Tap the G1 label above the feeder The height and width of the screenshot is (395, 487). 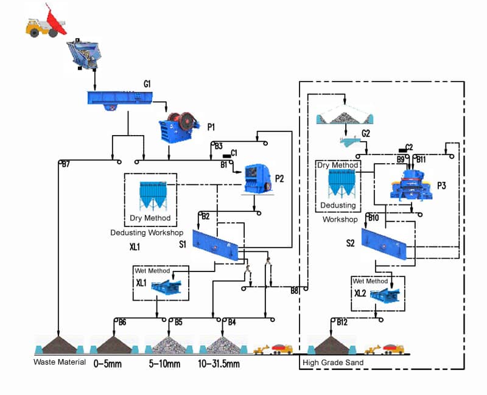click(x=147, y=83)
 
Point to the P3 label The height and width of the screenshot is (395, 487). click(x=441, y=186)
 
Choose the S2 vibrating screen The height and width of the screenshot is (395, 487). click(x=383, y=244)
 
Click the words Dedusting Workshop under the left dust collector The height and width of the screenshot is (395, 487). click(x=147, y=233)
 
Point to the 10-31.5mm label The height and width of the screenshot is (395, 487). click(x=219, y=364)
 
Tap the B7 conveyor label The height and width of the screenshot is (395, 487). click(x=66, y=164)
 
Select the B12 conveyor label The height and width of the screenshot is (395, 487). click(x=342, y=322)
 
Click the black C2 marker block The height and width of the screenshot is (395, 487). click(x=402, y=149)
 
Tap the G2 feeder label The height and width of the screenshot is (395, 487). click(x=366, y=133)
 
